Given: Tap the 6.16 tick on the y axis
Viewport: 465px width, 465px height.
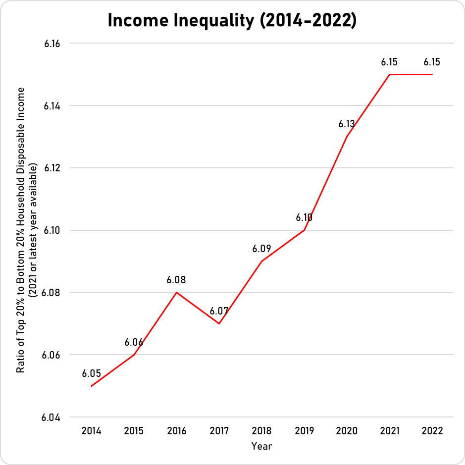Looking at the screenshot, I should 52,44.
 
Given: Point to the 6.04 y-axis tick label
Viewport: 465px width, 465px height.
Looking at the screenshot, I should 52,417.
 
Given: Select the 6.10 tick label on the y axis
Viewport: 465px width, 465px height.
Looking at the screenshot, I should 52,230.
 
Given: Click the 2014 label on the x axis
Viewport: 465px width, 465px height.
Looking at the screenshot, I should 91,431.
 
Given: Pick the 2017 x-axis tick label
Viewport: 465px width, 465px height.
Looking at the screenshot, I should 219,431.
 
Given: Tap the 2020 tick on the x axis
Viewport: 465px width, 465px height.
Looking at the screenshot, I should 347,431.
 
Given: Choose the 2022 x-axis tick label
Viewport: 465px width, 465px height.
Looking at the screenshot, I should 432,431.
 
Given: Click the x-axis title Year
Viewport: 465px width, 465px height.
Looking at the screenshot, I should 261,446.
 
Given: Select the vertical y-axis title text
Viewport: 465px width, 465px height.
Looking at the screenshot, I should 28,230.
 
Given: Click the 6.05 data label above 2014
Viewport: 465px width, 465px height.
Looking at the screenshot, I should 91,373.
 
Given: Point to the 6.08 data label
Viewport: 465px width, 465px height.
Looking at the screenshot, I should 176,280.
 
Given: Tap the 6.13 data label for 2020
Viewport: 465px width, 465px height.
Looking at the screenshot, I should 347,124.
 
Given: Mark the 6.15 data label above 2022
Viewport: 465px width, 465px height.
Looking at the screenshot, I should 432,62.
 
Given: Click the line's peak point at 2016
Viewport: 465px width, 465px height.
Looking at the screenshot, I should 176,292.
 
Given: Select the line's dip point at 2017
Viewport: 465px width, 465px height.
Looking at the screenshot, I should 219,323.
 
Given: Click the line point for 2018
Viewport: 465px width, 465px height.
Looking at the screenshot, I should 261,261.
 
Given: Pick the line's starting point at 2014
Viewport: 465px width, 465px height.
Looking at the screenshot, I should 91,386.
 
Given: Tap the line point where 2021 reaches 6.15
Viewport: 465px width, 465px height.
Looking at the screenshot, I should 389,74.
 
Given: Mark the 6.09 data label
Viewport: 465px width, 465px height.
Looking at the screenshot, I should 261,249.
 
